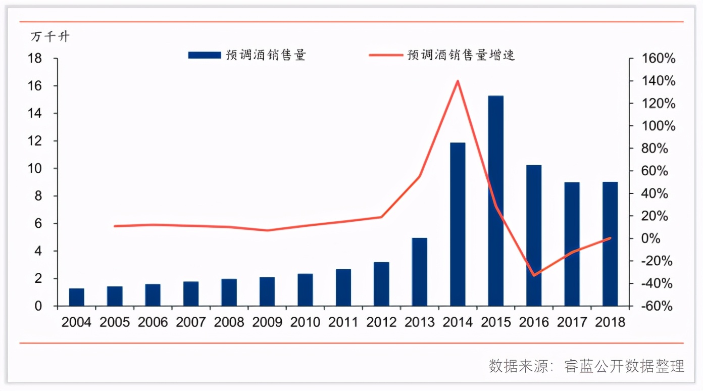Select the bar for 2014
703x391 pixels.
[458, 224]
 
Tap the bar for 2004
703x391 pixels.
[77, 297]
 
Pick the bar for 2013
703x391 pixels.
[419, 272]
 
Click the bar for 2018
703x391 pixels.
[610, 243]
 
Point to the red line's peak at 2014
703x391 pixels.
[458, 81]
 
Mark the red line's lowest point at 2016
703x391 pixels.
[534, 275]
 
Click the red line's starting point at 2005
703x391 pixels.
[115, 226]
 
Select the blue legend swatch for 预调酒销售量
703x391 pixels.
[204, 55]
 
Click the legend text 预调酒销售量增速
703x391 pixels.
[461, 55]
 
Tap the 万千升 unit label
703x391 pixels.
[50, 37]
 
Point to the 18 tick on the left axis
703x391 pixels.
[39, 59]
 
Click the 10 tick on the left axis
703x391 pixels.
[39, 169]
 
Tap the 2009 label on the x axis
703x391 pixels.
[267, 322]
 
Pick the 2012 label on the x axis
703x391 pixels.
[381, 322]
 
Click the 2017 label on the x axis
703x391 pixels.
[572, 322]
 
